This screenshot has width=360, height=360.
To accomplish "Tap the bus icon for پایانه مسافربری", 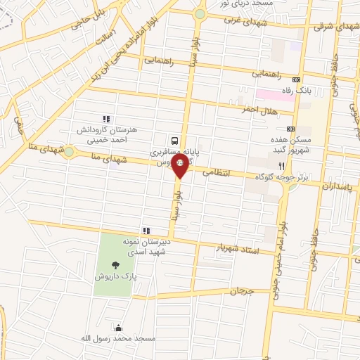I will pos(173,140).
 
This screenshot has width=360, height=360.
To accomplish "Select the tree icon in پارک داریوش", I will pos(116,265).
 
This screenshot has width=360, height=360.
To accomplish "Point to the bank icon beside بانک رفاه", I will pos(296,79).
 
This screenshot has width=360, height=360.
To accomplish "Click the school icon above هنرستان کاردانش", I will pos(105,119).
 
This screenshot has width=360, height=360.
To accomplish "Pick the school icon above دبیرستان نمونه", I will pos(146,230).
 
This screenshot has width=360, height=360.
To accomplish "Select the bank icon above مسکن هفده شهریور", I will pos(290,129).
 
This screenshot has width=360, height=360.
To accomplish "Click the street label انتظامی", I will pos(217,172).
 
